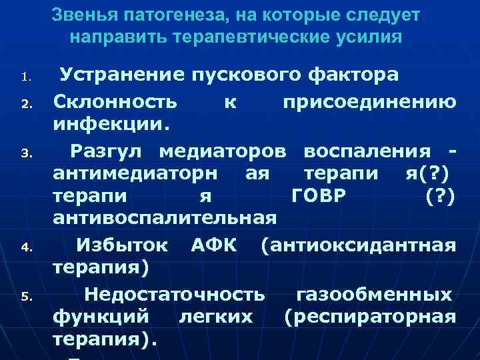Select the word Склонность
pyautogui.click(x=115, y=103)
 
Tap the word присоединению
pyautogui.click(x=369, y=103)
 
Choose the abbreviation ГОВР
pyautogui.click(x=325, y=196)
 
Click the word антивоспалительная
pyautogui.click(x=165, y=218)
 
